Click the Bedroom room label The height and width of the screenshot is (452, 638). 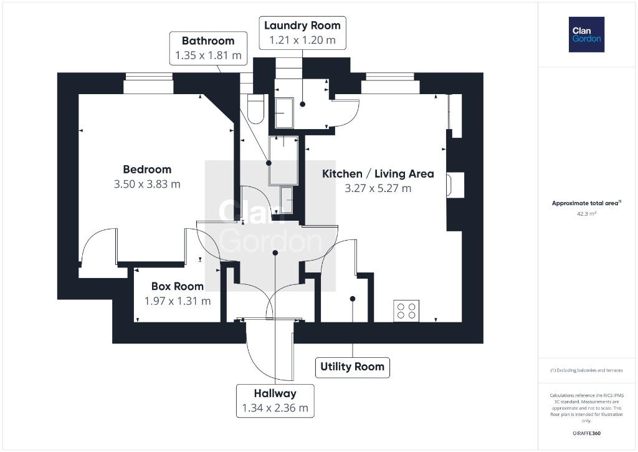(147, 170)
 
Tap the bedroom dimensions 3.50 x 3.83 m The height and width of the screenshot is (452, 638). (147, 184)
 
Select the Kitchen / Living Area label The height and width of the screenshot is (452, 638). (378, 174)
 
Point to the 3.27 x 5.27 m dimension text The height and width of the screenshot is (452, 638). (378, 188)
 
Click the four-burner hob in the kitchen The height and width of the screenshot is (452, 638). (406, 310)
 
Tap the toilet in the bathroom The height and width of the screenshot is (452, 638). (256, 109)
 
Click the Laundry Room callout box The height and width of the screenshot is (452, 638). (302, 33)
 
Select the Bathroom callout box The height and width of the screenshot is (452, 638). (208, 48)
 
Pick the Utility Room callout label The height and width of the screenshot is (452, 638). (353, 367)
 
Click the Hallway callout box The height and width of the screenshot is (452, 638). (275, 401)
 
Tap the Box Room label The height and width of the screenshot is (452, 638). (178, 286)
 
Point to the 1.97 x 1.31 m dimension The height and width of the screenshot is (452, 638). (178, 301)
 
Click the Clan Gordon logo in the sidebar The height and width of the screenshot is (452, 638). (586, 35)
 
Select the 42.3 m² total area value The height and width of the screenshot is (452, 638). (586, 213)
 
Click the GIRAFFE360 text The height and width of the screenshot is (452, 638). (586, 433)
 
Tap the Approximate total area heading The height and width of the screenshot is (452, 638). (586, 203)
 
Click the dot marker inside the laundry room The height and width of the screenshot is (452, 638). (302, 104)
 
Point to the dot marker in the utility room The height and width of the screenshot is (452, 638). (353, 299)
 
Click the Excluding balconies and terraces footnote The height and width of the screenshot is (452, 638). (586, 370)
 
